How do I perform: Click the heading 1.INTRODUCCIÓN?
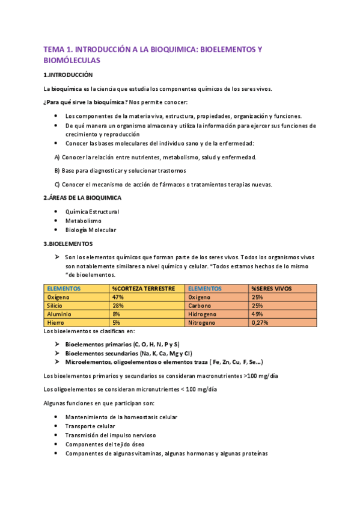(68, 75)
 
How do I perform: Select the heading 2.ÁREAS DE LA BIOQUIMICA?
(82, 197)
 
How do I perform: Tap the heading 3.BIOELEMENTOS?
(68, 244)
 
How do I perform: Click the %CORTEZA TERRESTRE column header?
(143, 289)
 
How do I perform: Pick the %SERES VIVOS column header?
(271, 289)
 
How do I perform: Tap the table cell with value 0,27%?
(260, 322)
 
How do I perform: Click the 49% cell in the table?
(257, 314)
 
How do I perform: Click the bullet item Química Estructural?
(92, 212)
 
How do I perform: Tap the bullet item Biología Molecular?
(91, 230)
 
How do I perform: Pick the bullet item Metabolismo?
(83, 221)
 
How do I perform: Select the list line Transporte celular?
(90, 426)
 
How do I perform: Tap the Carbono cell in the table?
(200, 306)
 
